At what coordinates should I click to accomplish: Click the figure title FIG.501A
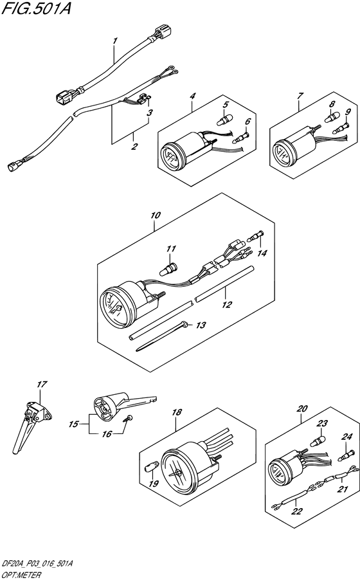(x=36, y=8)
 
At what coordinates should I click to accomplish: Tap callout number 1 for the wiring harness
(x=115, y=41)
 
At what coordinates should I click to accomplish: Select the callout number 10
(x=156, y=215)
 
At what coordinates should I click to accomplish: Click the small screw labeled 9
(x=341, y=129)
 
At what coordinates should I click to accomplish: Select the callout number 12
(x=226, y=304)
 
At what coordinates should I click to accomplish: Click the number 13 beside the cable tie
(x=201, y=325)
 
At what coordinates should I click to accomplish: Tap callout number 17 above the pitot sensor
(x=42, y=384)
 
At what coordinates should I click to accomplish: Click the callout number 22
(x=296, y=511)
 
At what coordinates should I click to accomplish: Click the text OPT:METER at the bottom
(x=21, y=576)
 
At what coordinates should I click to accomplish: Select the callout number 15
(x=74, y=424)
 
